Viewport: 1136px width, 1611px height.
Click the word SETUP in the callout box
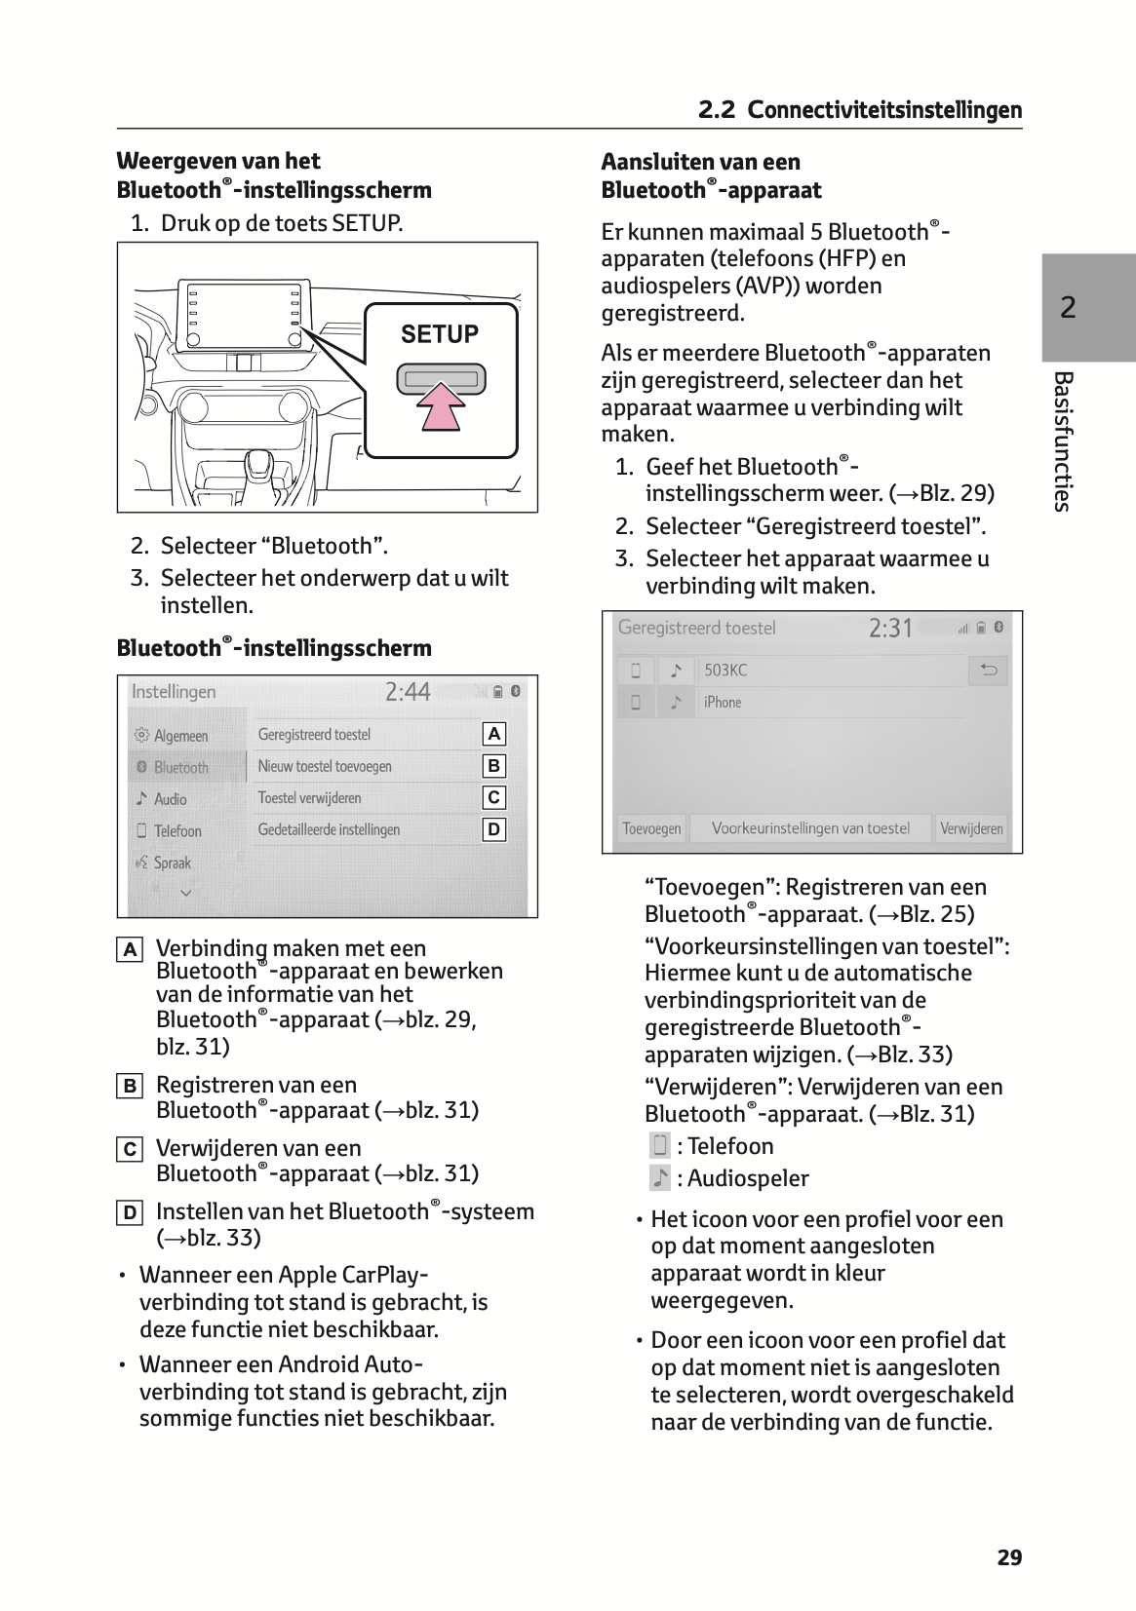pyautogui.click(x=440, y=334)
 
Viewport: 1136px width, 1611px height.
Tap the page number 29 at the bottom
pyautogui.click(x=1009, y=1557)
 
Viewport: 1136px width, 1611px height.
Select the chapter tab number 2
pyautogui.click(x=1068, y=308)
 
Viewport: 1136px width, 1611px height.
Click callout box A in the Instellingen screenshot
pyautogui.click(x=494, y=734)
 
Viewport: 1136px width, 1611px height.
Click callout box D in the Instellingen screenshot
pyautogui.click(x=494, y=829)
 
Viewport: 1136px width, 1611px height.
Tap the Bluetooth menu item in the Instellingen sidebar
pyautogui.click(x=181, y=767)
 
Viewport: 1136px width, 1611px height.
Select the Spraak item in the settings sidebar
pyautogui.click(x=172, y=863)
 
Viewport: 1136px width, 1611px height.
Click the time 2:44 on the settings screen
pyautogui.click(x=408, y=692)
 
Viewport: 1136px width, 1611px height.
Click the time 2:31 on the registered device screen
pyautogui.click(x=890, y=628)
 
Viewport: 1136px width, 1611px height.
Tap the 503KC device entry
pyautogui.click(x=725, y=671)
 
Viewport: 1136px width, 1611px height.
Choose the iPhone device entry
pyautogui.click(x=723, y=702)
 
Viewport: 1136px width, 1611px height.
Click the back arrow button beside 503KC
pyautogui.click(x=989, y=671)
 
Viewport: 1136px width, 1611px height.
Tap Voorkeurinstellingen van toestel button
pyautogui.click(x=809, y=828)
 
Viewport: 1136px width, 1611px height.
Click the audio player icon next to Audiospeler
pyautogui.click(x=659, y=1178)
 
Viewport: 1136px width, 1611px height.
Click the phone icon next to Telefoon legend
pyautogui.click(x=659, y=1146)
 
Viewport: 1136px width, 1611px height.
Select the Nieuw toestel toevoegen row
pyautogui.click(x=325, y=766)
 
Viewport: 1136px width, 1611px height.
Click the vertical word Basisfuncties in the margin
pyautogui.click(x=1063, y=441)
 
